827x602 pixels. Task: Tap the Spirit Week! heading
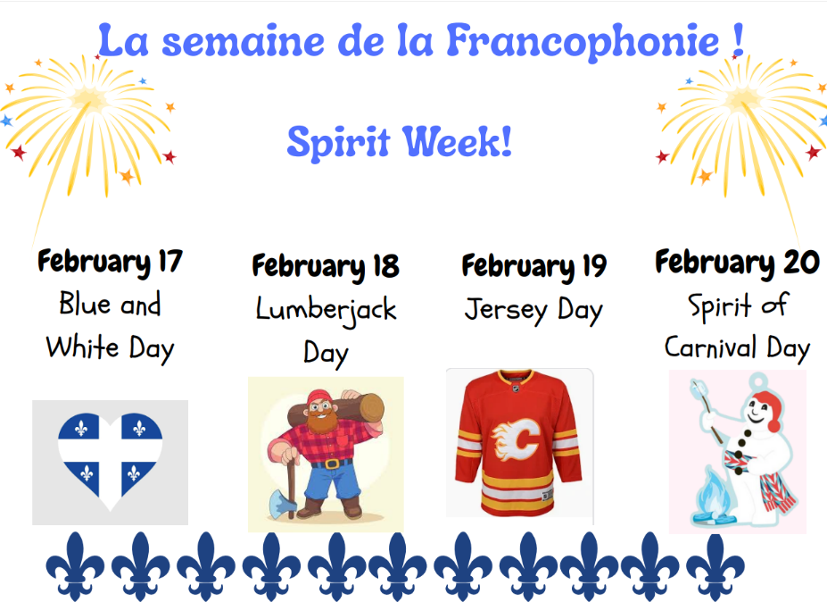tap(400, 141)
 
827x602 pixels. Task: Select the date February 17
tap(110, 262)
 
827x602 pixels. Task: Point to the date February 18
tap(325, 265)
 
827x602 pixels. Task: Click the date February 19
tap(533, 265)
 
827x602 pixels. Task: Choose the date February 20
tap(737, 262)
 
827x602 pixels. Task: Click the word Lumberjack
tap(326, 310)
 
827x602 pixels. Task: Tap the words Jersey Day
tap(533, 310)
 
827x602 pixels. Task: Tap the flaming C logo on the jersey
tap(518, 438)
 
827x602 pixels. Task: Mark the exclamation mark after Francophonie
tap(736, 41)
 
